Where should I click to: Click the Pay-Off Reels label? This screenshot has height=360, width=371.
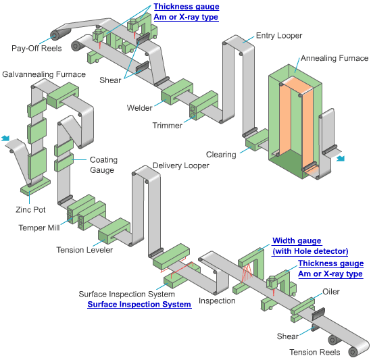click(x=36, y=48)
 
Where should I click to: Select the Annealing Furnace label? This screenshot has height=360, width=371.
click(x=334, y=59)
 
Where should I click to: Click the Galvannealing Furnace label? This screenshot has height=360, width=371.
click(x=44, y=74)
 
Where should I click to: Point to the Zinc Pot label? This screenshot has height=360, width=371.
click(x=30, y=210)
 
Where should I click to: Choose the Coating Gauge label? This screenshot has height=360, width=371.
click(x=103, y=165)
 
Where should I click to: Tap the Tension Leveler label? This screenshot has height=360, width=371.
click(x=84, y=250)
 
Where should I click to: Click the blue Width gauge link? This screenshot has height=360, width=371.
click(x=297, y=241)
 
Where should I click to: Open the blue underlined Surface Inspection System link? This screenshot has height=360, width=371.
click(x=139, y=305)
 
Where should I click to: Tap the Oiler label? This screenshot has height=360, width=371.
click(x=331, y=291)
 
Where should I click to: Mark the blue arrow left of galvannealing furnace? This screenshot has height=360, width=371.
click(x=5, y=139)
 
